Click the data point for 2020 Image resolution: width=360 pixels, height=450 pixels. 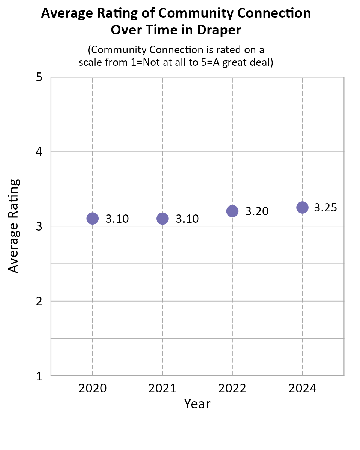(92, 218)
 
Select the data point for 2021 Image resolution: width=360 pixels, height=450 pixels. (162, 218)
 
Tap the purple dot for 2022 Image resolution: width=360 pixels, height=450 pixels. (232, 211)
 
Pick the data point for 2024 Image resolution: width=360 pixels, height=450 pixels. (302, 207)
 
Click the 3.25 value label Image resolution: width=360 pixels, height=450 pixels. (325, 208)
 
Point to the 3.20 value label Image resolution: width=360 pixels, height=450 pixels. (257, 211)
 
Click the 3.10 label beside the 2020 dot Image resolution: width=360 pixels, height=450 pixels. (117, 219)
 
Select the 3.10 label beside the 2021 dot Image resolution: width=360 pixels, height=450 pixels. (187, 219)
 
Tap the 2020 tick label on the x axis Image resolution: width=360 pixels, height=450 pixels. (92, 388)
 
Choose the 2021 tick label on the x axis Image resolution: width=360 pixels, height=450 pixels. (162, 388)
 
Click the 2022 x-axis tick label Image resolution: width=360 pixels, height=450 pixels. (232, 388)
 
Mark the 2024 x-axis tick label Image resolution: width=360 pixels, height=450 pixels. (302, 388)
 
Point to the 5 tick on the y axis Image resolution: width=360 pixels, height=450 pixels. (39, 77)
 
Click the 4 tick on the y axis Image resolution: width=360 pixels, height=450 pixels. (39, 152)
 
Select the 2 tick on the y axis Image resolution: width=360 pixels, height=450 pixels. (39, 301)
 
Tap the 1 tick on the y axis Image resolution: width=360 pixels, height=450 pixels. (39, 376)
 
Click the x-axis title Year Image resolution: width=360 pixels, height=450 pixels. (197, 404)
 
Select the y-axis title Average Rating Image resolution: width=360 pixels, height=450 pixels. (14, 226)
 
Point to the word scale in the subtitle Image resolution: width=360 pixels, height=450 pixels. (91, 62)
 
